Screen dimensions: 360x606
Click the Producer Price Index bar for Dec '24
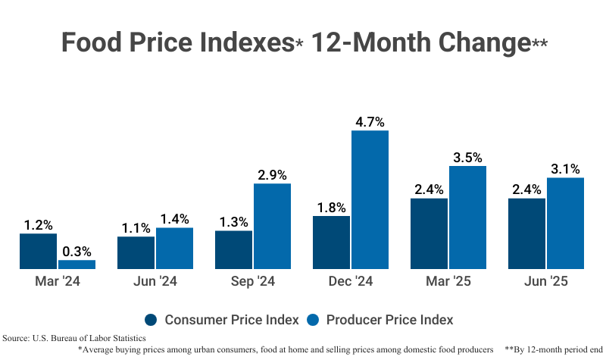(x=370, y=199)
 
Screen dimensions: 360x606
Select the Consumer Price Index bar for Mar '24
(x=38, y=251)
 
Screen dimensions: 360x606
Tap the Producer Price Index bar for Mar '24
(x=77, y=264)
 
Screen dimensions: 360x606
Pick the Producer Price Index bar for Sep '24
(x=272, y=226)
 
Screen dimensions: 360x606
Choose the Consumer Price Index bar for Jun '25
(x=526, y=233)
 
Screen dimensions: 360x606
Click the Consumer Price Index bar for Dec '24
(x=331, y=242)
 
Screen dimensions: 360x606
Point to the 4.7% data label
(x=370, y=121)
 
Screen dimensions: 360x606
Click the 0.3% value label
(x=77, y=251)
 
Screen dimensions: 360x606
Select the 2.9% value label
(x=272, y=174)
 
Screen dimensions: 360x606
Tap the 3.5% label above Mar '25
(x=467, y=157)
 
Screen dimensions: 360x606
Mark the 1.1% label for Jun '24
(x=136, y=227)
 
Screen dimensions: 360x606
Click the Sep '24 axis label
(x=252, y=281)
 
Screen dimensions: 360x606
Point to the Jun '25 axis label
(x=545, y=281)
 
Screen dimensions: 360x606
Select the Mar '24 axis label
(x=57, y=281)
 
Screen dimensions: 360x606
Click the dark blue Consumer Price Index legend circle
(x=151, y=319)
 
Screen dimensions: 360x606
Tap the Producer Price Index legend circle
(x=313, y=319)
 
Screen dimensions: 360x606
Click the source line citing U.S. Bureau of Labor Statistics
(x=74, y=337)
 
